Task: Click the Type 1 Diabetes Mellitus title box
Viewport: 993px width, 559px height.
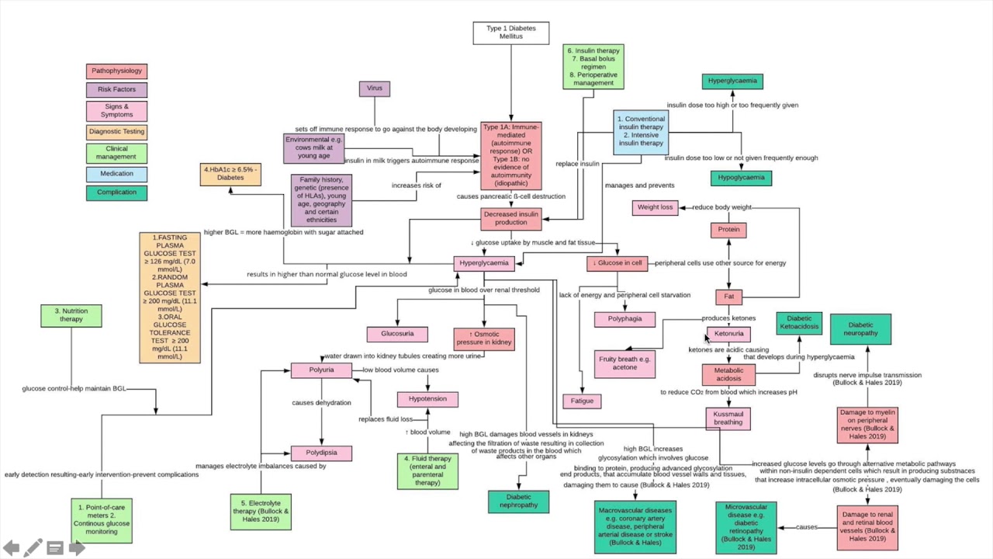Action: click(x=510, y=33)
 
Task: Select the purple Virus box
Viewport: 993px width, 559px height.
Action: click(x=375, y=89)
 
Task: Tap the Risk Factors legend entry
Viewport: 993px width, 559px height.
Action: click(x=116, y=90)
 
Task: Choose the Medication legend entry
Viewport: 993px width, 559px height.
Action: click(x=116, y=174)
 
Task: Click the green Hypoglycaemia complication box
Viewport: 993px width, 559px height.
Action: click(x=741, y=178)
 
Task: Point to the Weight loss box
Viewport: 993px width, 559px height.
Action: click(x=655, y=207)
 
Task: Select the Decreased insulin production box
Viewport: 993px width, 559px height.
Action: click(x=510, y=219)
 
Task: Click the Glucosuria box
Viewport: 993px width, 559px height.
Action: click(x=397, y=334)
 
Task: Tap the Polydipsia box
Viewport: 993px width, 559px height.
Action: click(x=321, y=453)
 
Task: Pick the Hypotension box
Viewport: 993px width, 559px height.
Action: click(x=427, y=399)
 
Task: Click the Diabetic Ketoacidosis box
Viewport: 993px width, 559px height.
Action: click(x=799, y=323)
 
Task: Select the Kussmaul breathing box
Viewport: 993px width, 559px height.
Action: click(x=728, y=418)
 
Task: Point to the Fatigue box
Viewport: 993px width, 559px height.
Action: click(x=582, y=401)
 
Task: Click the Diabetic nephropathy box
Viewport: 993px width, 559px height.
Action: click(x=518, y=502)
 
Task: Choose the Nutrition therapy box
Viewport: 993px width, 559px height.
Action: click(x=71, y=315)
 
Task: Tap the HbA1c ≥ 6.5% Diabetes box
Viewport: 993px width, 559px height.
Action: click(x=230, y=174)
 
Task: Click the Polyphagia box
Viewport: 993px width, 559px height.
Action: click(x=625, y=319)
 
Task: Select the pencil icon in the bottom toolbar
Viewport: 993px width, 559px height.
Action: click(x=33, y=548)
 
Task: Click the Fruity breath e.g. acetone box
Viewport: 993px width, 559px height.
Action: click(x=625, y=363)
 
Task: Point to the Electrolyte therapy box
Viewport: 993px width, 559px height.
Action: click(x=261, y=512)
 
